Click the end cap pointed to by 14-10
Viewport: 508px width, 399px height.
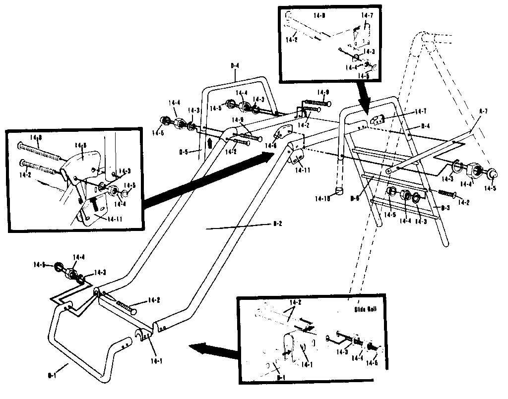pyautogui.click(x=338, y=191)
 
